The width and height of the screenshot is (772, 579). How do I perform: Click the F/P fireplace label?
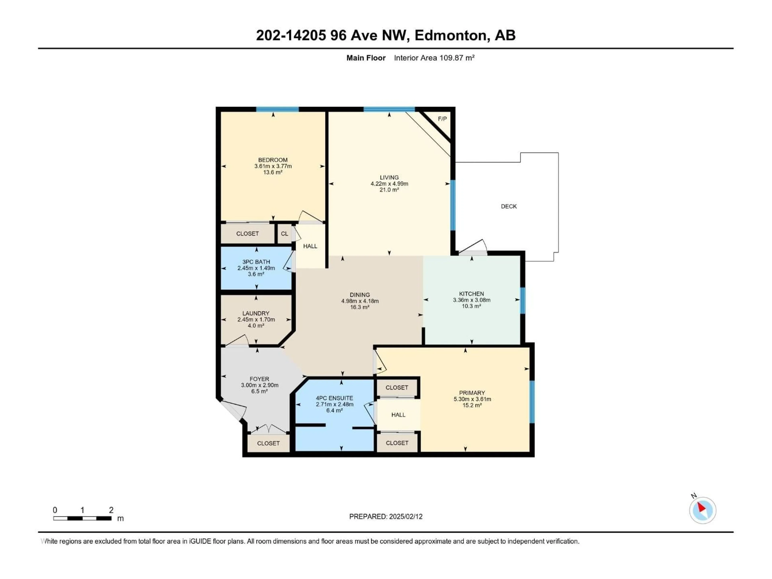(442, 119)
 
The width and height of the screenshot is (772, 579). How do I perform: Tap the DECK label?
(508, 206)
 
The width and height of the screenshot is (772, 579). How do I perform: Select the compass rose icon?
(703, 510)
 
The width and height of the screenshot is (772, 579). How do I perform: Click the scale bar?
(82, 518)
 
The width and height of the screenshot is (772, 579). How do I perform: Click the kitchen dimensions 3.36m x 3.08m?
(471, 300)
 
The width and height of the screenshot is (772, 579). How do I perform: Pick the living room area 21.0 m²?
(389, 190)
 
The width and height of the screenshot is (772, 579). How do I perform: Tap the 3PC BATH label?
(256, 262)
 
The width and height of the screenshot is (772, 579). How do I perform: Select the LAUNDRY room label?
(256, 313)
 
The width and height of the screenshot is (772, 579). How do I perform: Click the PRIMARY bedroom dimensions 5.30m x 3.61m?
(472, 399)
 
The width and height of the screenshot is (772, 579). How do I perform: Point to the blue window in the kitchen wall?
(523, 301)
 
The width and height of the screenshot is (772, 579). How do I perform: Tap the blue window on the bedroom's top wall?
(277, 109)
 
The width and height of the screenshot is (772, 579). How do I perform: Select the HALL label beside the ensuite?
(398, 415)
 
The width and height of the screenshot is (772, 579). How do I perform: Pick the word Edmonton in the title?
(450, 35)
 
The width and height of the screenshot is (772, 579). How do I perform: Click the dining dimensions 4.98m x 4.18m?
(360, 301)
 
